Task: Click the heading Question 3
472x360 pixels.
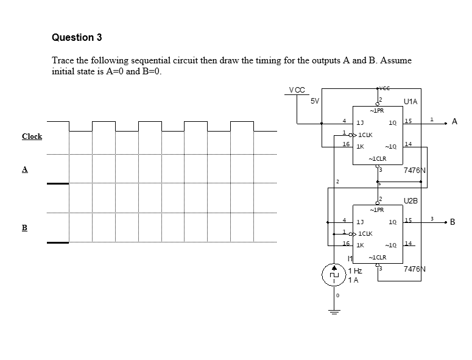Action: pyautogui.click(x=77, y=38)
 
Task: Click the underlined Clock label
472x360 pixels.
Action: pyautogui.click(x=32, y=136)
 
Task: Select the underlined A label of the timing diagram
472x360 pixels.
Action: pyautogui.click(x=26, y=169)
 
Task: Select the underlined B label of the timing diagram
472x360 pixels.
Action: pyautogui.click(x=26, y=228)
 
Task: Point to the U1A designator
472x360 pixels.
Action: pyautogui.click(x=410, y=102)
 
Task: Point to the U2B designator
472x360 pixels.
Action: pyautogui.click(x=410, y=200)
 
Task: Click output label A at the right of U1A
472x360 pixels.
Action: pyautogui.click(x=454, y=122)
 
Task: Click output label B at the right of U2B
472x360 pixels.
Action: pyautogui.click(x=454, y=221)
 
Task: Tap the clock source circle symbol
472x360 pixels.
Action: pyautogui.click(x=333, y=274)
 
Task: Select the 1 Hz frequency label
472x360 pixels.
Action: pyautogui.click(x=354, y=270)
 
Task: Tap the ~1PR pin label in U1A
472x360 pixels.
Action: pyautogui.click(x=377, y=111)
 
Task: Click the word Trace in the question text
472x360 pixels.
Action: pyautogui.click(x=63, y=60)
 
